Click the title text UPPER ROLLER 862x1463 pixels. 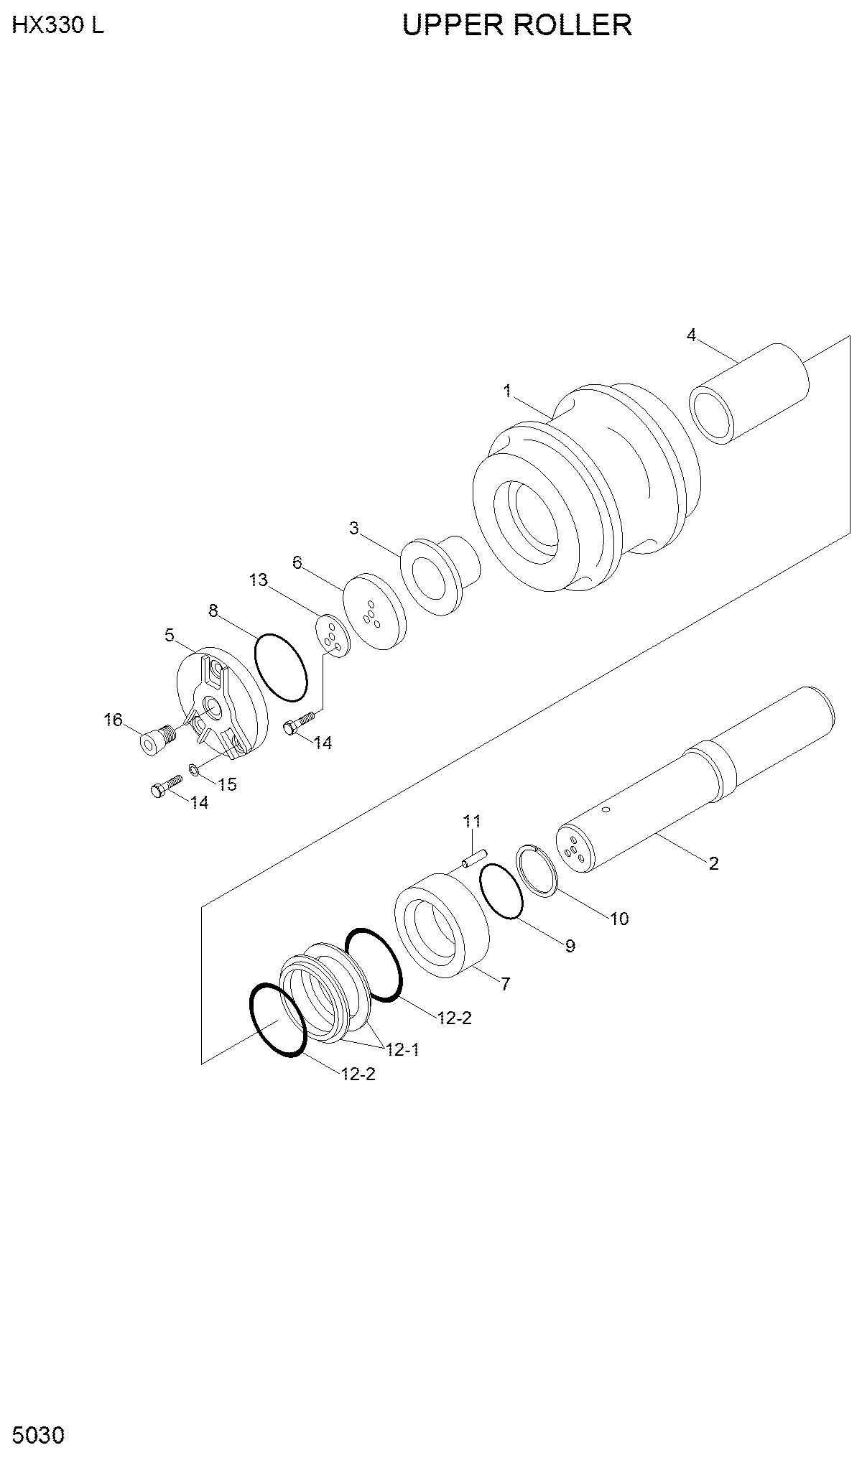click(x=517, y=26)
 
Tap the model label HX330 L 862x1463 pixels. click(x=58, y=26)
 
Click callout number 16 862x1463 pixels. click(x=113, y=720)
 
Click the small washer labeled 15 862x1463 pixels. click(x=194, y=771)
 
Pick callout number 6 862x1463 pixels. click(x=297, y=562)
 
